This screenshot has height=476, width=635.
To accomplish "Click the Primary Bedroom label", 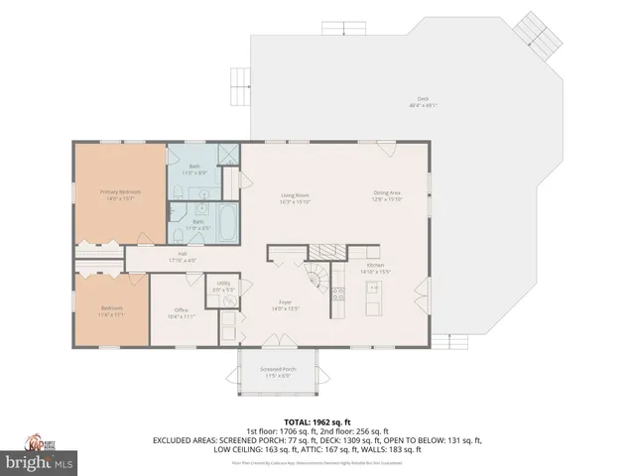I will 119,193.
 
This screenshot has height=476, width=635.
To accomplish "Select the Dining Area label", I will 387,195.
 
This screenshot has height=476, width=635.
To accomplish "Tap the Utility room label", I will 223,288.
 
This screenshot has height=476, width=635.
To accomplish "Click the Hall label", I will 184,256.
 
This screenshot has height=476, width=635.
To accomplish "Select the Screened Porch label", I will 275,373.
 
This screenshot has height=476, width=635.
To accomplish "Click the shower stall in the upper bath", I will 227,155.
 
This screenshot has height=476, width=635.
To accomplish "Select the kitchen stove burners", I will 338,294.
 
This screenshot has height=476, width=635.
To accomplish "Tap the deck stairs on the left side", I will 238,79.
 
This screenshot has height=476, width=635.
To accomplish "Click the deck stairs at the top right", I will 542,43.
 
